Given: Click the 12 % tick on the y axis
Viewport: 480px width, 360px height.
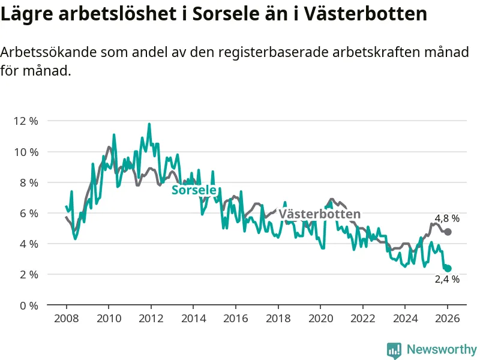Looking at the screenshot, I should [25, 121].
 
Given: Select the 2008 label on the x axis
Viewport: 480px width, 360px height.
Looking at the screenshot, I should [65, 319].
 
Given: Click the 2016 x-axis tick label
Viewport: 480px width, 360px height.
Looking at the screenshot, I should [235, 319].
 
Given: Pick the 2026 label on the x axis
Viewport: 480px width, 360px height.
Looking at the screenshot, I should [448, 319].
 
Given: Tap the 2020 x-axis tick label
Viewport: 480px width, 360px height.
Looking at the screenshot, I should [320, 319].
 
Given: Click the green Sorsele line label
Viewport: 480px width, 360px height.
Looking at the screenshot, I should [194, 190].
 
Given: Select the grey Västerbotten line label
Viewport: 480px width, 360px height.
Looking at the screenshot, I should [320, 214].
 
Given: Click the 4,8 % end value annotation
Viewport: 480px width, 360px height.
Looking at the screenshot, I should [447, 219].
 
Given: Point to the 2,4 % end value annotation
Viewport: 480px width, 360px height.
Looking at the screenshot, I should [447, 279].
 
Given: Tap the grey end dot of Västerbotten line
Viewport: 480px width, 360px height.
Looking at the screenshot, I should [448, 232].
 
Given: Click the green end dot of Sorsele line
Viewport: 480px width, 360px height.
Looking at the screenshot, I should [448, 268].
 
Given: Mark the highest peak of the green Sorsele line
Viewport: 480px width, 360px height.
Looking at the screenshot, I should [149, 124].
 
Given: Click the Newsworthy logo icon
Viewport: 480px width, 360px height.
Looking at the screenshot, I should [394, 349].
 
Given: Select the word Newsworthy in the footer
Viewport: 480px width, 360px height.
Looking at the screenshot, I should [442, 349].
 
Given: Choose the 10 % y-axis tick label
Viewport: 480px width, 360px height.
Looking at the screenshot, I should [25, 151].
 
